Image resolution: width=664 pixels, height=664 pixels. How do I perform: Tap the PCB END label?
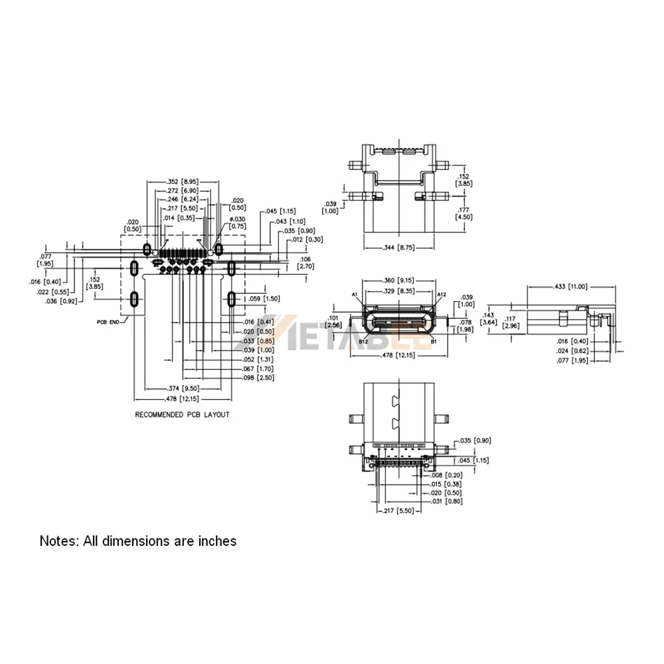pyautogui.click(x=108, y=321)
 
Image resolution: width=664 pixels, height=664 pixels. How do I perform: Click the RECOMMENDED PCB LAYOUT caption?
pyautogui.click(x=182, y=415)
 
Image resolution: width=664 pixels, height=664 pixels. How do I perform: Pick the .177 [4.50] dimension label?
pyautogui.click(x=463, y=212)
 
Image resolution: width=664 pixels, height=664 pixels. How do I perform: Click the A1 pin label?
pyautogui.click(x=355, y=294)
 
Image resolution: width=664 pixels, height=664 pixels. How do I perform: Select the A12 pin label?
pyautogui.click(x=442, y=294)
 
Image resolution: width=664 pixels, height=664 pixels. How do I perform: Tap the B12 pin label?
pyautogui.click(x=363, y=341)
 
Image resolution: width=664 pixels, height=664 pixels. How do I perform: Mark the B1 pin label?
pyautogui.click(x=434, y=341)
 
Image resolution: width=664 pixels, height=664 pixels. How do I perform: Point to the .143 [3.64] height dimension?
pyautogui.click(x=489, y=319)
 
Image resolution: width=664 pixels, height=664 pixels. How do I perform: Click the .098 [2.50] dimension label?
pyautogui.click(x=256, y=378)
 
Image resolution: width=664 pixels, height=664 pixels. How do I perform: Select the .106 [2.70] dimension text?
pyautogui.click(x=305, y=262)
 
